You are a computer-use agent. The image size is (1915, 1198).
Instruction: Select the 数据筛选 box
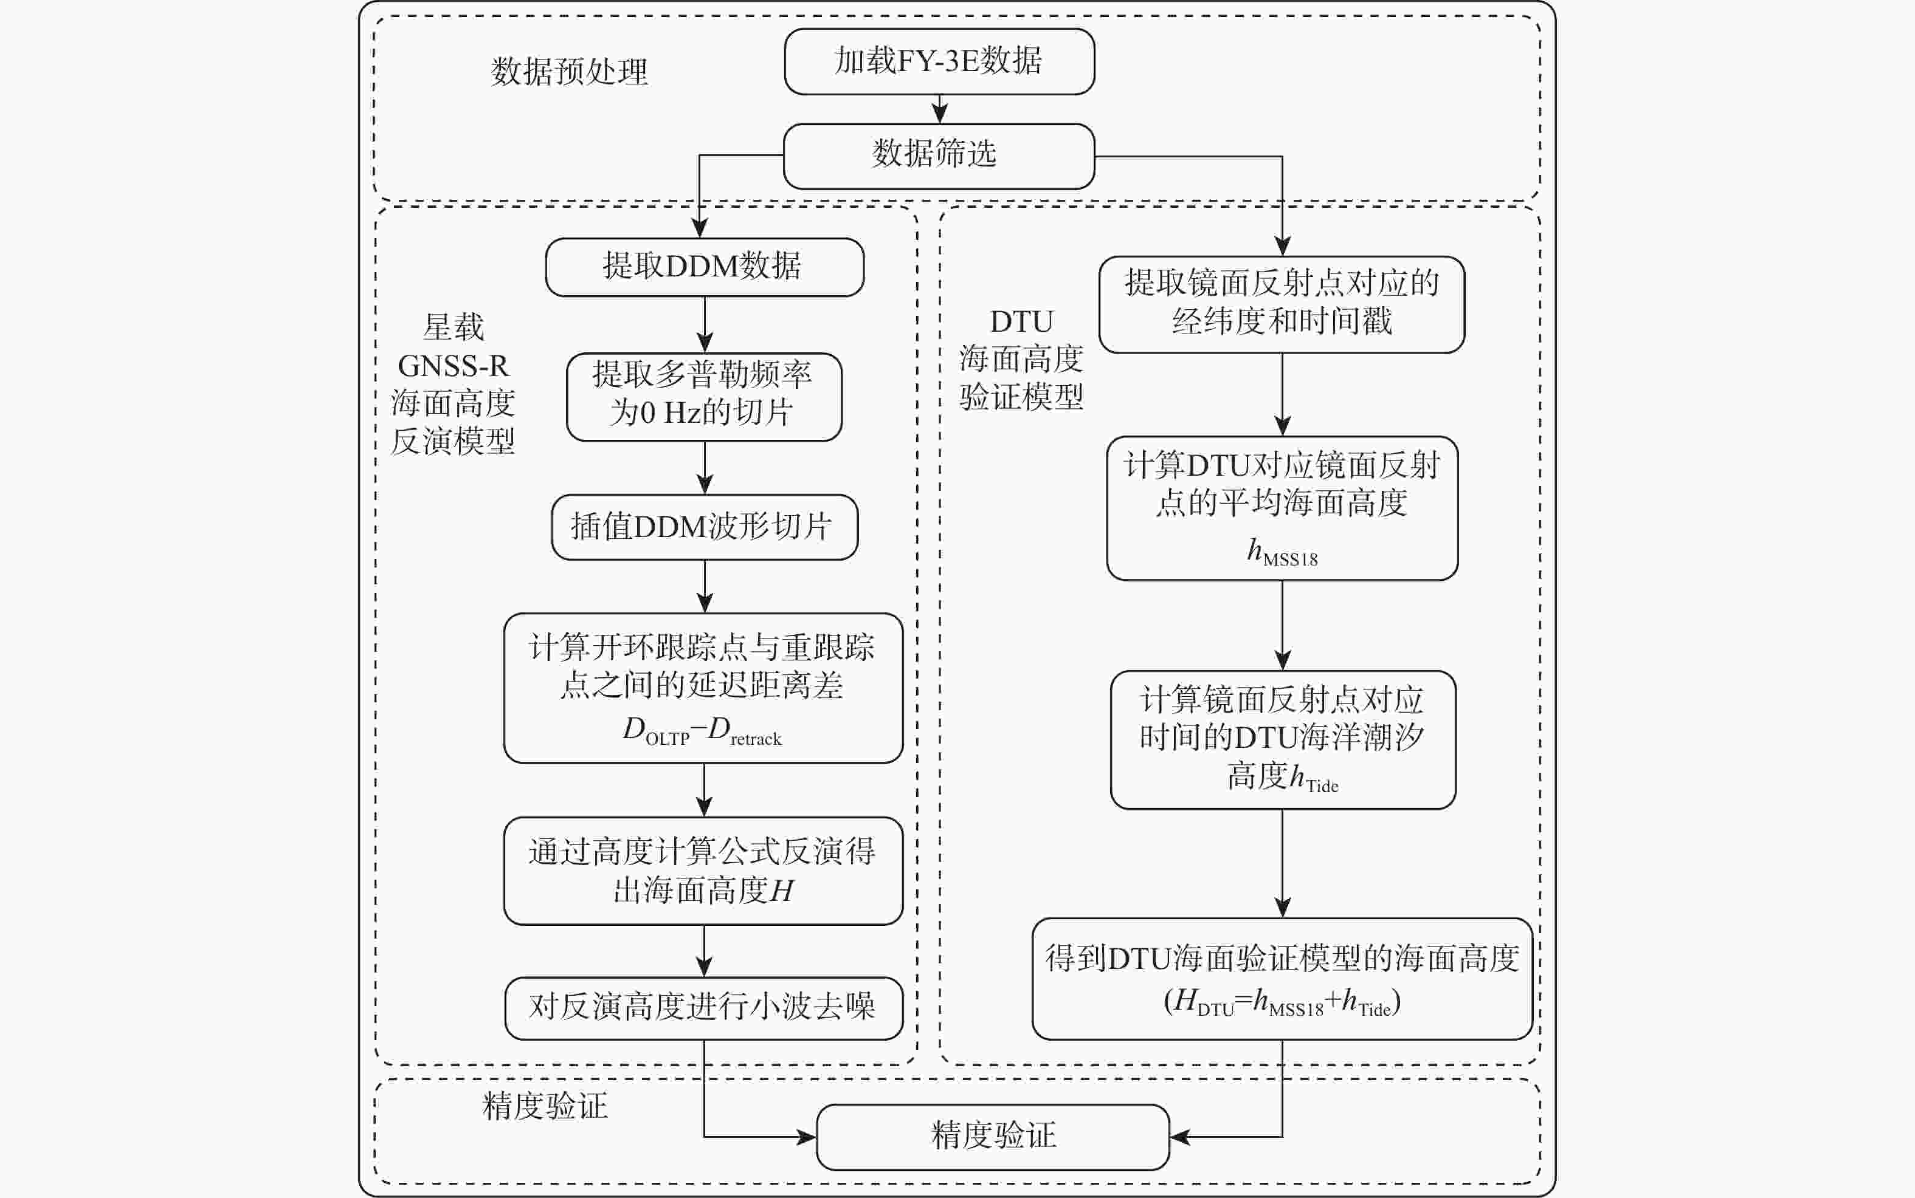tap(939, 156)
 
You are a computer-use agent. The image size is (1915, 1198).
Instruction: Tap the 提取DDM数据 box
tap(704, 267)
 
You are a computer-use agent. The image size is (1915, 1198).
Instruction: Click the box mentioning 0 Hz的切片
tap(704, 396)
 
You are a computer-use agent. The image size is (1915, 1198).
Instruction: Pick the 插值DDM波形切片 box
tap(704, 527)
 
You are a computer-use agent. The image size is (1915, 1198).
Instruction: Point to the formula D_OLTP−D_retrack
tap(702, 731)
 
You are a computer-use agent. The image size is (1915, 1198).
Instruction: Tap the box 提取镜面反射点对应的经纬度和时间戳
tap(1281, 304)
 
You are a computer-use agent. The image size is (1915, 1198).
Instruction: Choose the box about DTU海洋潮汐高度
tap(1282, 739)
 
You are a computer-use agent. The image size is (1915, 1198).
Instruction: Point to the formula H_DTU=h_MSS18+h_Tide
tap(1282, 1002)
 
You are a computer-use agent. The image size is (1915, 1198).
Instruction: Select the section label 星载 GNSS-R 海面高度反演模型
tap(454, 385)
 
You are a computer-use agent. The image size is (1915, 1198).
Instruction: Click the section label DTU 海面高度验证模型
tap(1021, 360)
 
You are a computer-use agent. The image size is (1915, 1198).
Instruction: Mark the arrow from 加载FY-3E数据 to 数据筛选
tap(939, 109)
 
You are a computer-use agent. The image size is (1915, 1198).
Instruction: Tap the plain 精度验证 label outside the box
tap(545, 1106)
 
